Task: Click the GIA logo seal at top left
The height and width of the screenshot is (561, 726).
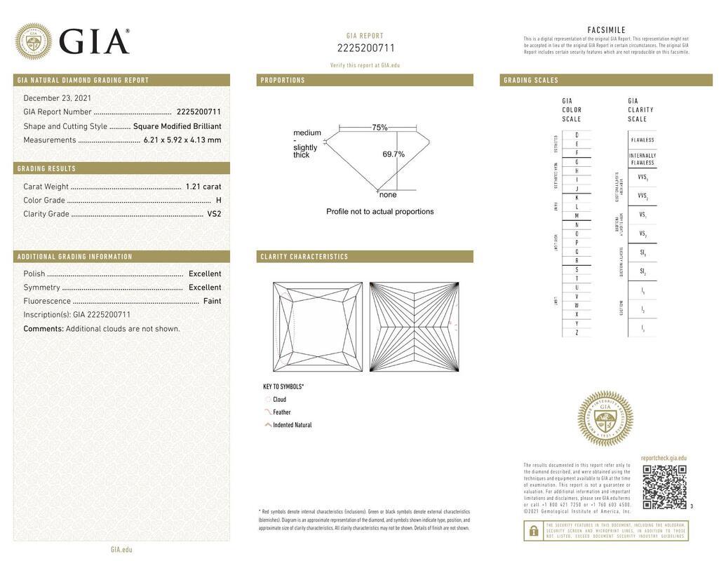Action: coord(33,41)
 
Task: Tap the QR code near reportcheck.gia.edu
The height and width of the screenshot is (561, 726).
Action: coord(664,487)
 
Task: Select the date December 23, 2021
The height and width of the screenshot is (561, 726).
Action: coord(58,98)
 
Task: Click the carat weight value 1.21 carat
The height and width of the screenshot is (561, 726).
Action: coord(203,187)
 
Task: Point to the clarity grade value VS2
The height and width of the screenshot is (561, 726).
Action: coord(214,214)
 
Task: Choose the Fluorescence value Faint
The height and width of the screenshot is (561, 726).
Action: coord(212,301)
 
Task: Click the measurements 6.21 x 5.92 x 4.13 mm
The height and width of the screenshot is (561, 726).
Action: coord(182,140)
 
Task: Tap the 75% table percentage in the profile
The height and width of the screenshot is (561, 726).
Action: coord(379,128)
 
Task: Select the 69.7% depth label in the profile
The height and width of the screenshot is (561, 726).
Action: coord(394,154)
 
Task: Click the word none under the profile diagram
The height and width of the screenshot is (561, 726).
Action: coord(388,195)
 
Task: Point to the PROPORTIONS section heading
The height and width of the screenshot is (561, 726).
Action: coord(283,80)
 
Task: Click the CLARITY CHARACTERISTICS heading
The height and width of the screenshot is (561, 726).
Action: coord(304,257)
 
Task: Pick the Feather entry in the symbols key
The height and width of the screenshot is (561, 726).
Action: coord(282,412)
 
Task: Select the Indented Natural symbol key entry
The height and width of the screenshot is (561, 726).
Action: coord(293,425)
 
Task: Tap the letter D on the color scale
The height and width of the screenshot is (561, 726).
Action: coord(577,135)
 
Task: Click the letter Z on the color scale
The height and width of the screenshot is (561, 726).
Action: coord(577,332)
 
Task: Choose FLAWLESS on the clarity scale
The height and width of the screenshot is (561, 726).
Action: coord(643,140)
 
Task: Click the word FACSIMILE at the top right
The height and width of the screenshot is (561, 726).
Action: coord(606,30)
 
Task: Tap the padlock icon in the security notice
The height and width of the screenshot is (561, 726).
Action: coord(534,531)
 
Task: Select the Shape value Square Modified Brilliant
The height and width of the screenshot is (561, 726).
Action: coord(177,126)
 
